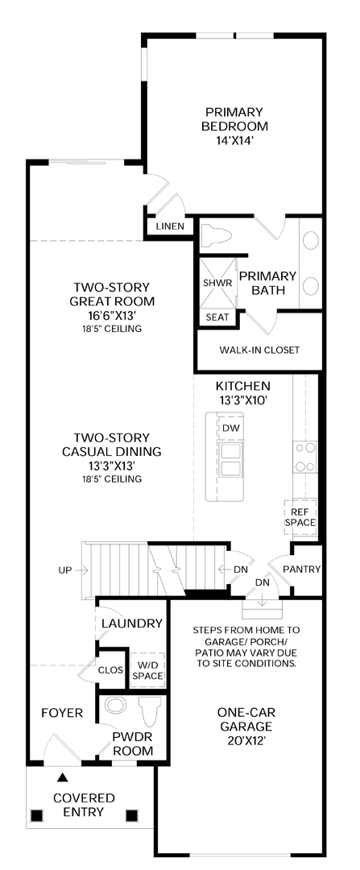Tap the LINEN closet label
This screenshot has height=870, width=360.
(x=169, y=226)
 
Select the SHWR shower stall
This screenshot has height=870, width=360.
(x=217, y=282)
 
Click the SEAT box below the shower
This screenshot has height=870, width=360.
(x=217, y=317)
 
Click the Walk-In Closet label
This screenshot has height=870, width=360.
(x=259, y=350)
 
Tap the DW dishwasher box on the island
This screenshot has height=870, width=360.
(x=230, y=428)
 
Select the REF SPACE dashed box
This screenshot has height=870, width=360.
(x=300, y=517)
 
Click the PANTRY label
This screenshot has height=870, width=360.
(x=301, y=570)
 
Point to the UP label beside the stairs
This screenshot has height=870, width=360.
(x=65, y=570)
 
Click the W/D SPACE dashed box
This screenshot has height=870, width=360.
(x=147, y=669)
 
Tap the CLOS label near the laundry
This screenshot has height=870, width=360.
(x=110, y=669)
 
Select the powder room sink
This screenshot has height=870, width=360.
(x=116, y=706)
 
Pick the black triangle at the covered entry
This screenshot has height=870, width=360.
(x=64, y=777)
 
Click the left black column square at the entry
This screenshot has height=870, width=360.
(x=36, y=815)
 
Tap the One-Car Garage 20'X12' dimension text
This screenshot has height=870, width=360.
(x=246, y=741)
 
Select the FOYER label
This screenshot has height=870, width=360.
(x=62, y=712)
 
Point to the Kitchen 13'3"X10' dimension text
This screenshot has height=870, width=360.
(x=242, y=400)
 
